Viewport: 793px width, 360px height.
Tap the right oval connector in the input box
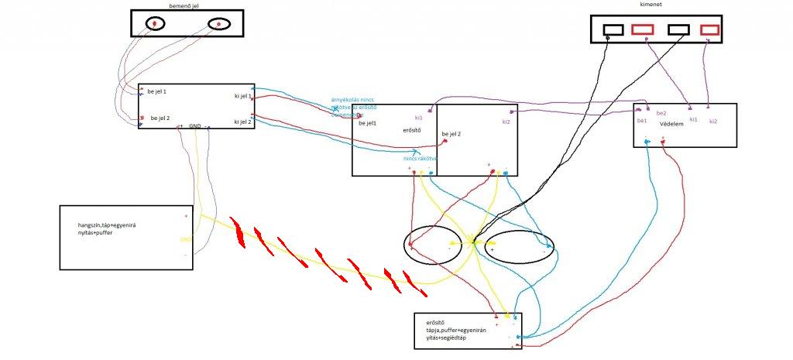click(219, 25)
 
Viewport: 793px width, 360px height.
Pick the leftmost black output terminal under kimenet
click(613, 30)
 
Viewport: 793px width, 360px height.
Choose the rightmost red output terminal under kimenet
click(709, 30)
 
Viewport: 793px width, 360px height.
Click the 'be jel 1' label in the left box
click(157, 91)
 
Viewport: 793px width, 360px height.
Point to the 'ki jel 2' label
click(242, 122)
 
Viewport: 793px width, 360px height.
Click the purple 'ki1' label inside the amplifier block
click(419, 118)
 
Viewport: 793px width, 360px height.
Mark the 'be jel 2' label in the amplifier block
click(451, 134)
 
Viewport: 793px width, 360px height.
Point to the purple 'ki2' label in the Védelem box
click(712, 122)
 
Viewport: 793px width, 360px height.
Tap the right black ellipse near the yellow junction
click(520, 245)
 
